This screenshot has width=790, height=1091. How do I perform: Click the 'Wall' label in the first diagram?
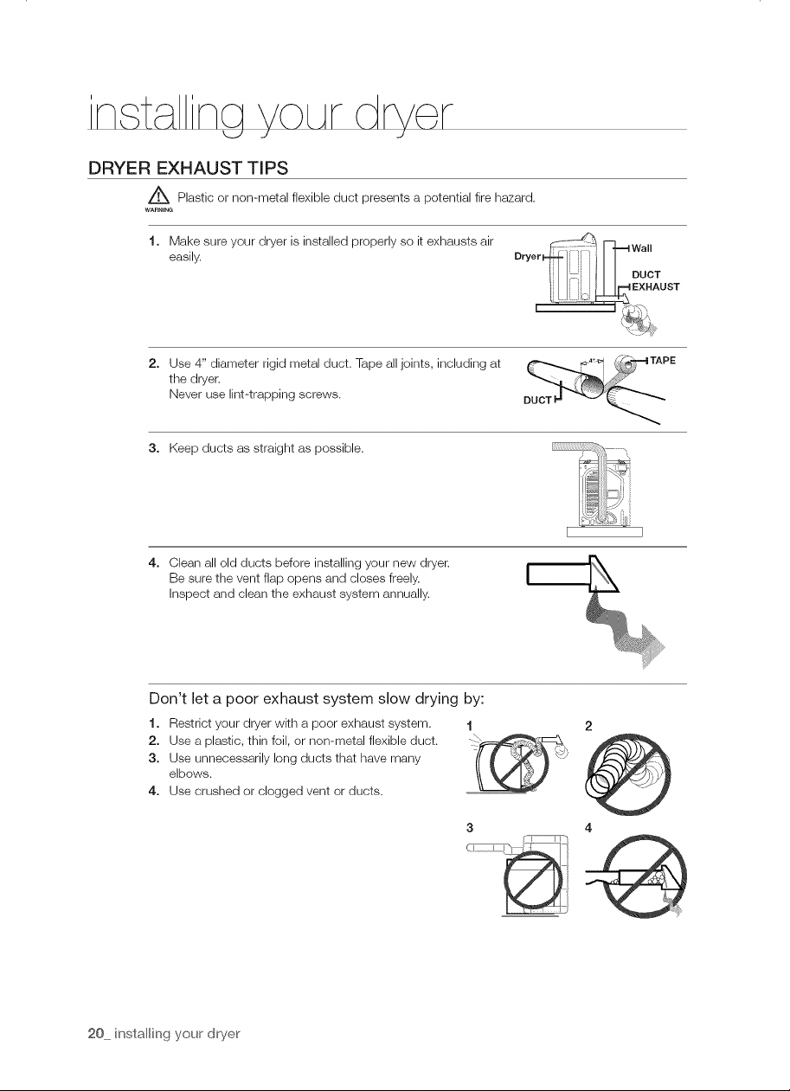pos(641,248)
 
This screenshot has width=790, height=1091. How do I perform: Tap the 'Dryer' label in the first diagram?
pos(528,257)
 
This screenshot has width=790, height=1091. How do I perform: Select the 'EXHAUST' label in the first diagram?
pos(656,287)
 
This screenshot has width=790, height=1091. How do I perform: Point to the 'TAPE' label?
pos(663,361)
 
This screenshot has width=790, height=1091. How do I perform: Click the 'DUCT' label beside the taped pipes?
pos(537,401)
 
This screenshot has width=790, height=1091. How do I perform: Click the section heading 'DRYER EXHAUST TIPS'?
pos(188,168)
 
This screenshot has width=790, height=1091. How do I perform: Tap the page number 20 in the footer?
pos(95,1034)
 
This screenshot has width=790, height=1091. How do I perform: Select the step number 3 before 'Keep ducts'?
pos(153,448)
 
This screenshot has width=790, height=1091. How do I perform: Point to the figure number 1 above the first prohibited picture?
pos(470,727)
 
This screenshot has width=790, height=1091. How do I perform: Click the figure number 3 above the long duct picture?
pos(470,827)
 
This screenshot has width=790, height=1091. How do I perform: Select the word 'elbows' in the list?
pos(189,774)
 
